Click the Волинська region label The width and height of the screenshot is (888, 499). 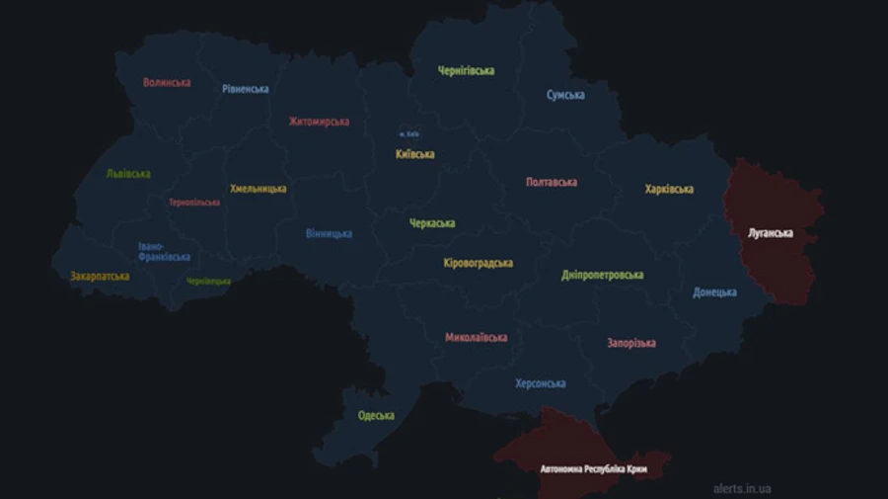click(x=167, y=83)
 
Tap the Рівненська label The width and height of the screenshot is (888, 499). click(x=246, y=89)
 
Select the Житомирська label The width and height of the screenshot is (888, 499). click(x=319, y=122)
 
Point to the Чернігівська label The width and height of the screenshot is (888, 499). click(x=467, y=71)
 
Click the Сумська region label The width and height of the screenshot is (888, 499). click(x=565, y=96)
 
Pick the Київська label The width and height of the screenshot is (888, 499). click(x=414, y=154)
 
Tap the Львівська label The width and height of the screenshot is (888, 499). click(x=128, y=174)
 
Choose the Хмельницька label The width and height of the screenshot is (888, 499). click(x=259, y=189)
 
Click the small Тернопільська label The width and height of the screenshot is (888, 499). click(x=194, y=203)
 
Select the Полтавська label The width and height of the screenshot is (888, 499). click(x=552, y=183)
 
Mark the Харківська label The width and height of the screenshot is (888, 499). click(x=669, y=189)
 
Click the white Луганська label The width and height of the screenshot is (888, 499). click(x=771, y=234)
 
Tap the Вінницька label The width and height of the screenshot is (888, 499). click(x=329, y=234)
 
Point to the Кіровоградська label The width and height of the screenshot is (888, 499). click(x=479, y=263)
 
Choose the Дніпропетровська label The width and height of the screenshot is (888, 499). click(x=602, y=275)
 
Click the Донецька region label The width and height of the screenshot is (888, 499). click(x=714, y=292)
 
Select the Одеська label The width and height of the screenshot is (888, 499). click(x=376, y=416)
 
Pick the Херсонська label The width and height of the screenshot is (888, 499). click(x=541, y=383)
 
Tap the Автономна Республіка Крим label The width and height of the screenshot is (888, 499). click(x=594, y=468)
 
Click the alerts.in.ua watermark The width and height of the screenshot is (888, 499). click(x=742, y=488)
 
